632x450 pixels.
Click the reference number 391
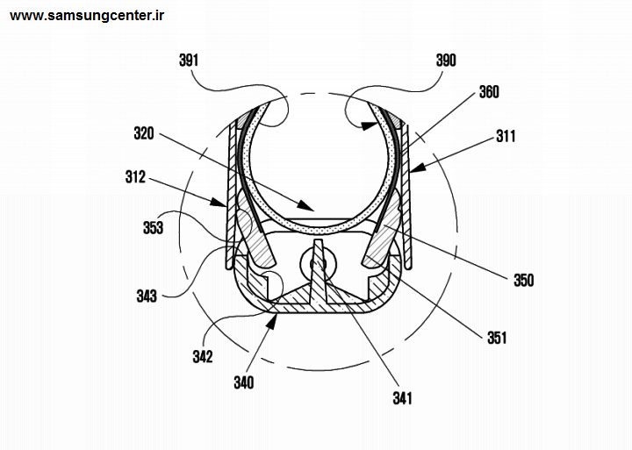pos(189,61)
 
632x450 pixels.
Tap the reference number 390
pos(446,61)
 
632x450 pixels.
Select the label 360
pos(489,92)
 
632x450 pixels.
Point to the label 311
pos(506,136)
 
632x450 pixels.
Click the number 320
pos(144,133)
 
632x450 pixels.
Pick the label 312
pos(135,177)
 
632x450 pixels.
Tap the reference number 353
pos(153,227)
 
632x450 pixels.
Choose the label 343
pos(147,296)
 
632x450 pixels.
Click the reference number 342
pos(203,356)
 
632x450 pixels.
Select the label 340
pos(244,382)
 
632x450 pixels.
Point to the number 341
pos(402,398)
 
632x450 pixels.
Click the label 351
pos(497,338)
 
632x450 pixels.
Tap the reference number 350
pos(523,280)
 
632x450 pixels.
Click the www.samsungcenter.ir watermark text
pos(87,16)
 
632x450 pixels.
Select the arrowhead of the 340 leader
pos(272,320)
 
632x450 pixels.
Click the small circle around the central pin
pos(319,264)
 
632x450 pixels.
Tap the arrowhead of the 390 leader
pos(370,126)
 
